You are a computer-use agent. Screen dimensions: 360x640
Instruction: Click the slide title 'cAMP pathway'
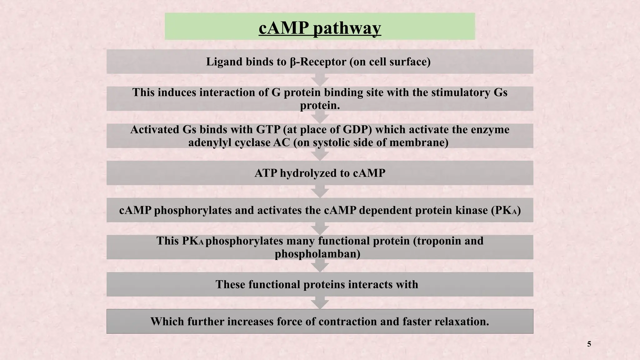coord(320,28)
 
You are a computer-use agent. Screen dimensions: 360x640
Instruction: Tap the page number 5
coord(589,344)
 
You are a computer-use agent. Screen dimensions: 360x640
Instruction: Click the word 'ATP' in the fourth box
coord(266,173)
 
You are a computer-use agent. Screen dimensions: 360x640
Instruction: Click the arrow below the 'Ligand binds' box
coord(320,80)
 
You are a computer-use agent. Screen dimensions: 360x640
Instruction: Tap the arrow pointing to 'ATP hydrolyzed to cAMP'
coord(320,154)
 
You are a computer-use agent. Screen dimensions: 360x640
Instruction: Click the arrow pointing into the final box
coord(320,303)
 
